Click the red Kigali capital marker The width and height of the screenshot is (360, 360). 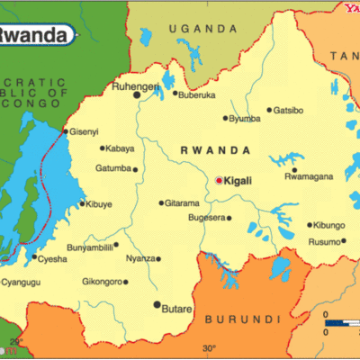[218, 180]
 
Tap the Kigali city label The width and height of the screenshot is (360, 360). [238, 181]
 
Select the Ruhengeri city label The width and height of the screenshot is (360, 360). [108, 88]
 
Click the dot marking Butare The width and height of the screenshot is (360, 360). [157, 305]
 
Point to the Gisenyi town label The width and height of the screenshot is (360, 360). [85, 131]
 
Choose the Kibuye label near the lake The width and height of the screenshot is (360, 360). [101, 203]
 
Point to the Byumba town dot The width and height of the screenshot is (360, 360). [225, 118]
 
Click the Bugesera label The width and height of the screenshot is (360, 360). [206, 218]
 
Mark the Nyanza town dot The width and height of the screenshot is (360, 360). [158, 259]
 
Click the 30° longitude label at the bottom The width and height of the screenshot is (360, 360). [209, 347]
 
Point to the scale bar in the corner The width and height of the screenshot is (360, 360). [340, 321]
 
